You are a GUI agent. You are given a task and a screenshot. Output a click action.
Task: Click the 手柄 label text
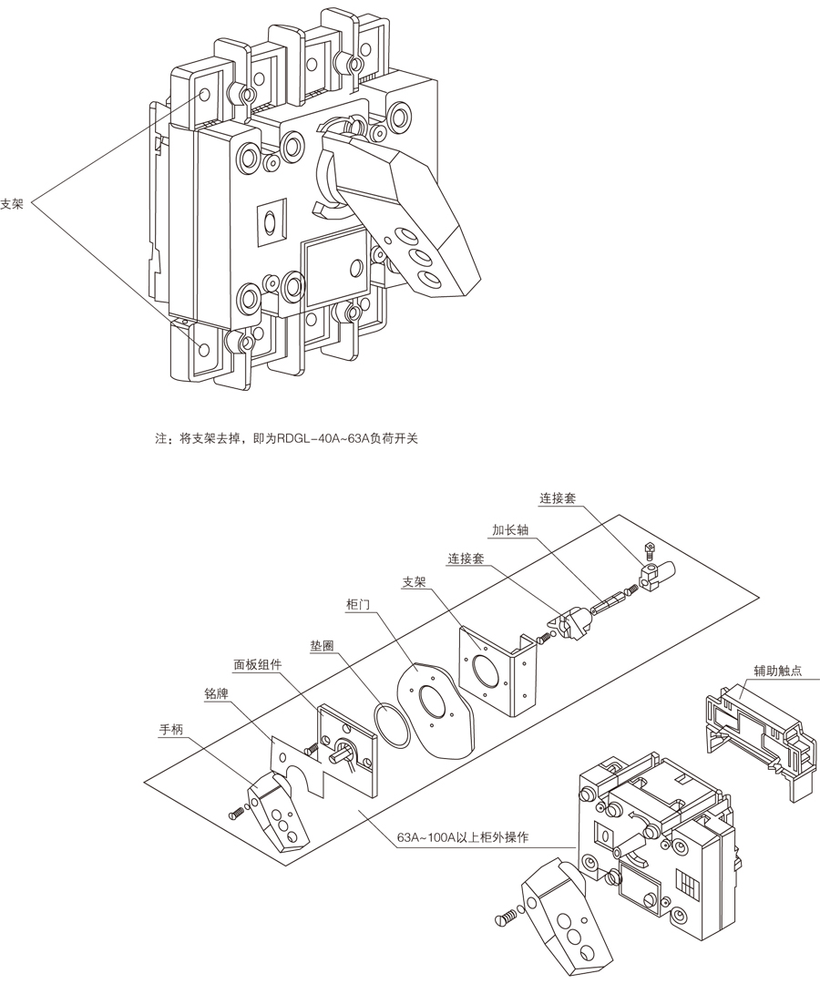pyautogui.click(x=171, y=729)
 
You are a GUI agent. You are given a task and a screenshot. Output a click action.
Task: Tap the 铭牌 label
pyautogui.click(x=216, y=693)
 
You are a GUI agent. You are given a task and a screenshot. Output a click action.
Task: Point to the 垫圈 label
pyautogui.click(x=322, y=644)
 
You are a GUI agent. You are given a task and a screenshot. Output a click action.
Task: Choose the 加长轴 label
pyautogui.click(x=509, y=528)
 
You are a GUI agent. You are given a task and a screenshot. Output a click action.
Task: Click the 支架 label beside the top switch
pyautogui.click(x=12, y=204)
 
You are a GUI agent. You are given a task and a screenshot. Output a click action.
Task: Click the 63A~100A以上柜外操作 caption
pyautogui.click(x=463, y=837)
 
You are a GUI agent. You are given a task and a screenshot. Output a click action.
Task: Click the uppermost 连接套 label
pyautogui.click(x=558, y=498)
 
